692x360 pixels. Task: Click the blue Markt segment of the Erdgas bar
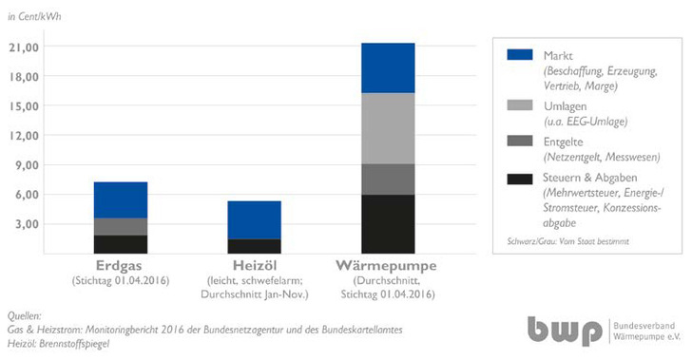tap(120, 199)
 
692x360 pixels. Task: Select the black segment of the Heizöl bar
tap(254, 246)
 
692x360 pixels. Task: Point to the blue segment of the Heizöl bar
tap(254, 219)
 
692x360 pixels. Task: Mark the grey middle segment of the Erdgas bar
tap(120, 226)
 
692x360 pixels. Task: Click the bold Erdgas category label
tap(120, 267)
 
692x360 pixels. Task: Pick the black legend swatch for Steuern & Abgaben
tap(520, 180)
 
